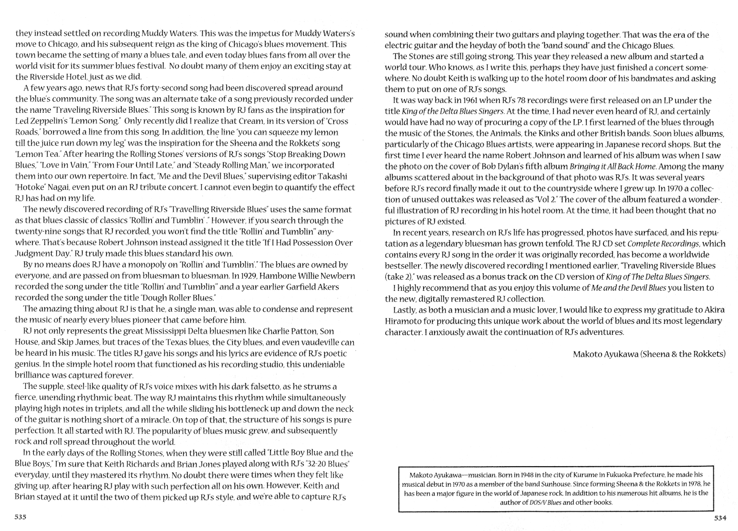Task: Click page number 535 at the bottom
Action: (20, 517)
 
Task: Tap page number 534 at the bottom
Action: (720, 518)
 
